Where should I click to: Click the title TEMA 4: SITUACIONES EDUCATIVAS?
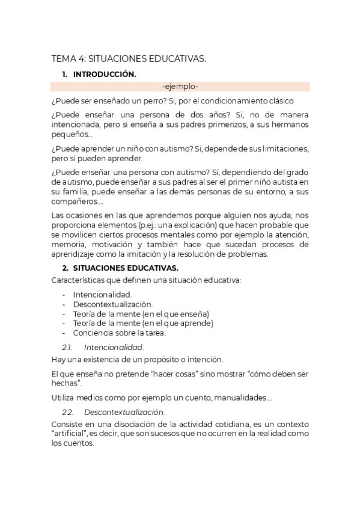129,58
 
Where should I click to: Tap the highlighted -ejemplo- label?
180,87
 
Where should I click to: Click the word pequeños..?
68,135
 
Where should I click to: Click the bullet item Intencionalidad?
102,295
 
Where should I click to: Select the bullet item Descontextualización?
113,304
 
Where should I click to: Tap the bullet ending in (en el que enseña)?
141,314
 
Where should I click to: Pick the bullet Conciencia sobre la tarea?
120,333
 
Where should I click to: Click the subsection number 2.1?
67,347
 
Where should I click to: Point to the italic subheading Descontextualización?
124,412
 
